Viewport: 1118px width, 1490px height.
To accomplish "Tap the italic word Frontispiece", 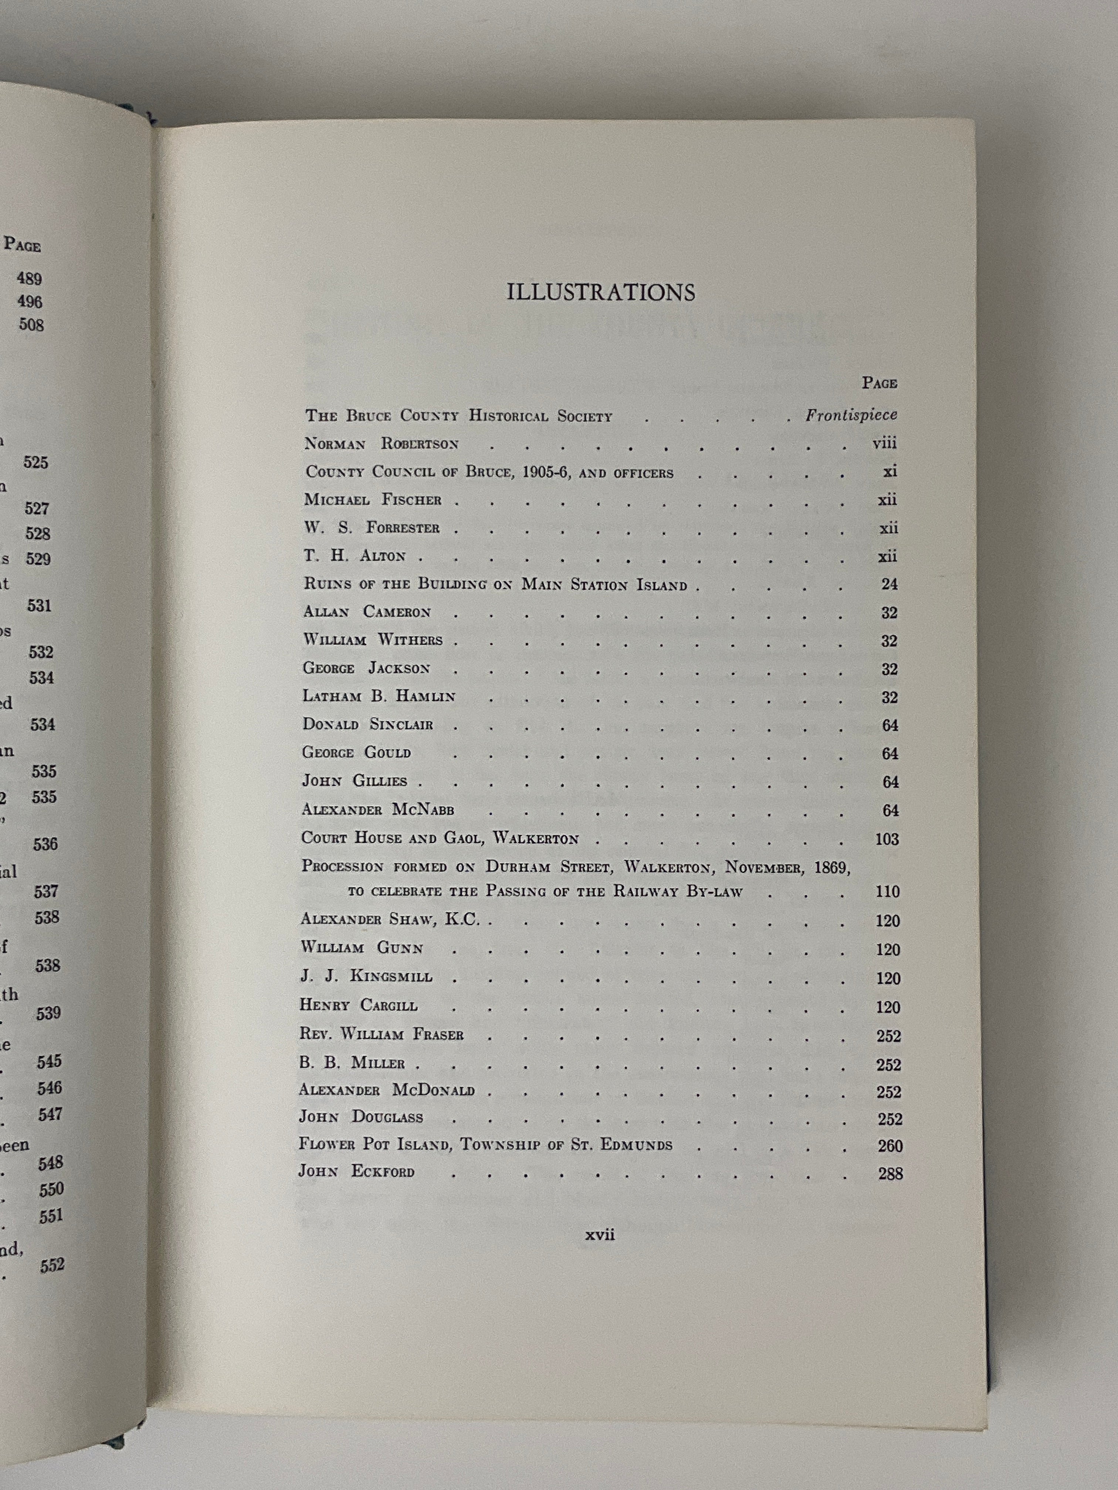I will pyautogui.click(x=851, y=415).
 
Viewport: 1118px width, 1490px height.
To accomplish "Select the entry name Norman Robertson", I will pyautogui.click(x=382, y=444).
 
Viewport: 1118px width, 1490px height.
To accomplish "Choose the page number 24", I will pyautogui.click(x=890, y=584).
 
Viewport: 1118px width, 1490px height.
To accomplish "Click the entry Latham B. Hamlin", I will pyautogui.click(x=379, y=697).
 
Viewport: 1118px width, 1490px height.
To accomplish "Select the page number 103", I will pyautogui.click(x=887, y=838).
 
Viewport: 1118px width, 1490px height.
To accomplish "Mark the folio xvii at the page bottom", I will pyautogui.click(x=600, y=1235).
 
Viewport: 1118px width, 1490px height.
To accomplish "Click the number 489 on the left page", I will pyautogui.click(x=30, y=278).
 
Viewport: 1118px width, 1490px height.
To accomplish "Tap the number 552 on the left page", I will pyautogui.click(x=52, y=1265).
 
